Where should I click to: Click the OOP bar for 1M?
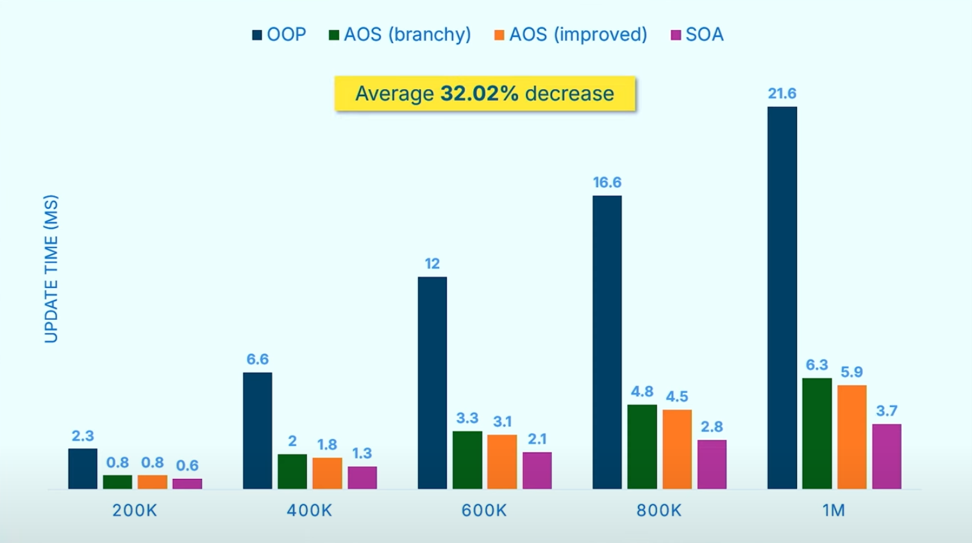coord(782,297)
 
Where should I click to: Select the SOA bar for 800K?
coord(712,464)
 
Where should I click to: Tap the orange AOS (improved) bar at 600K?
coord(502,462)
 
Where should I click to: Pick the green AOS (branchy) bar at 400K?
coord(292,471)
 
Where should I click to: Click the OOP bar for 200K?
coord(83,469)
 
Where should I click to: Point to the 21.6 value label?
coord(782,94)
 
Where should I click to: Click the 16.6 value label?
coord(607,183)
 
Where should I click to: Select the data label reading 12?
coord(432,263)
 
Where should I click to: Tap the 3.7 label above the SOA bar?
coord(887,411)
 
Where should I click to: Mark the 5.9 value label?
coord(851,372)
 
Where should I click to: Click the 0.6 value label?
coord(187,465)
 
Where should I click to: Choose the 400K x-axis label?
coord(309,510)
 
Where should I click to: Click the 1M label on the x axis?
coord(834,510)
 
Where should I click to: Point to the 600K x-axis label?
coord(484,510)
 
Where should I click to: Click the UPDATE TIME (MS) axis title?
coord(51,269)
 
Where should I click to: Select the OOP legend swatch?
coord(257,35)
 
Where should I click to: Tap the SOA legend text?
coord(704,35)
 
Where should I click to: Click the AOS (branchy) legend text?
coord(407,35)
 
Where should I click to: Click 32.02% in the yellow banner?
coord(479,94)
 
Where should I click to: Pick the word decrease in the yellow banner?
coord(569,94)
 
